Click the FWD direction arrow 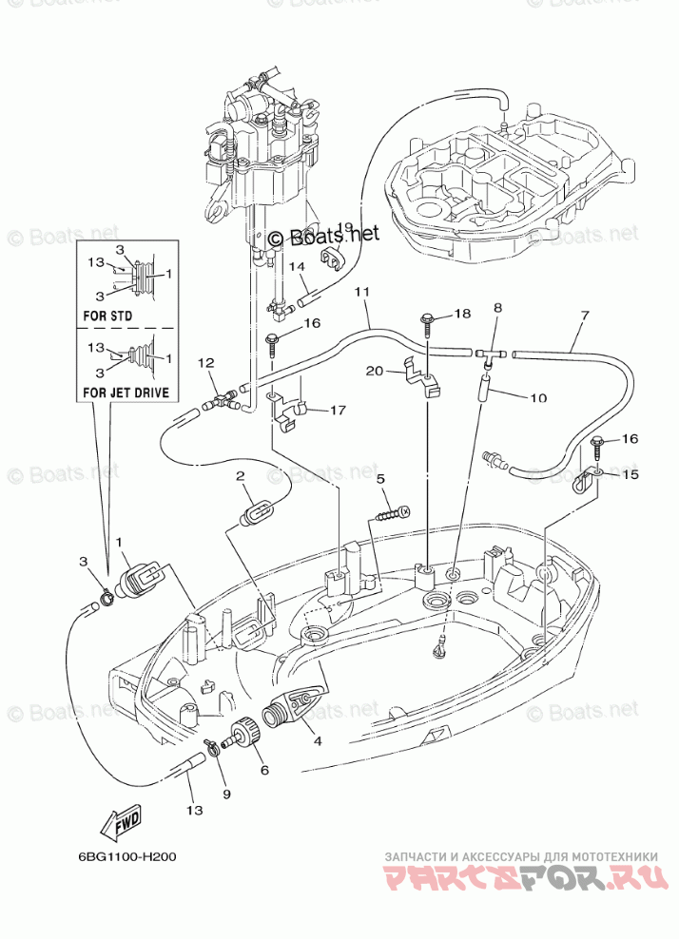123,818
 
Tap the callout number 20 373,371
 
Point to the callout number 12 205,363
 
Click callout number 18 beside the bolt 461,314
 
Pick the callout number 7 584,316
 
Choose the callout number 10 538,398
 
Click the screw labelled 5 393,514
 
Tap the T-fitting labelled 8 493,354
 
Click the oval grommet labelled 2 254,514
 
